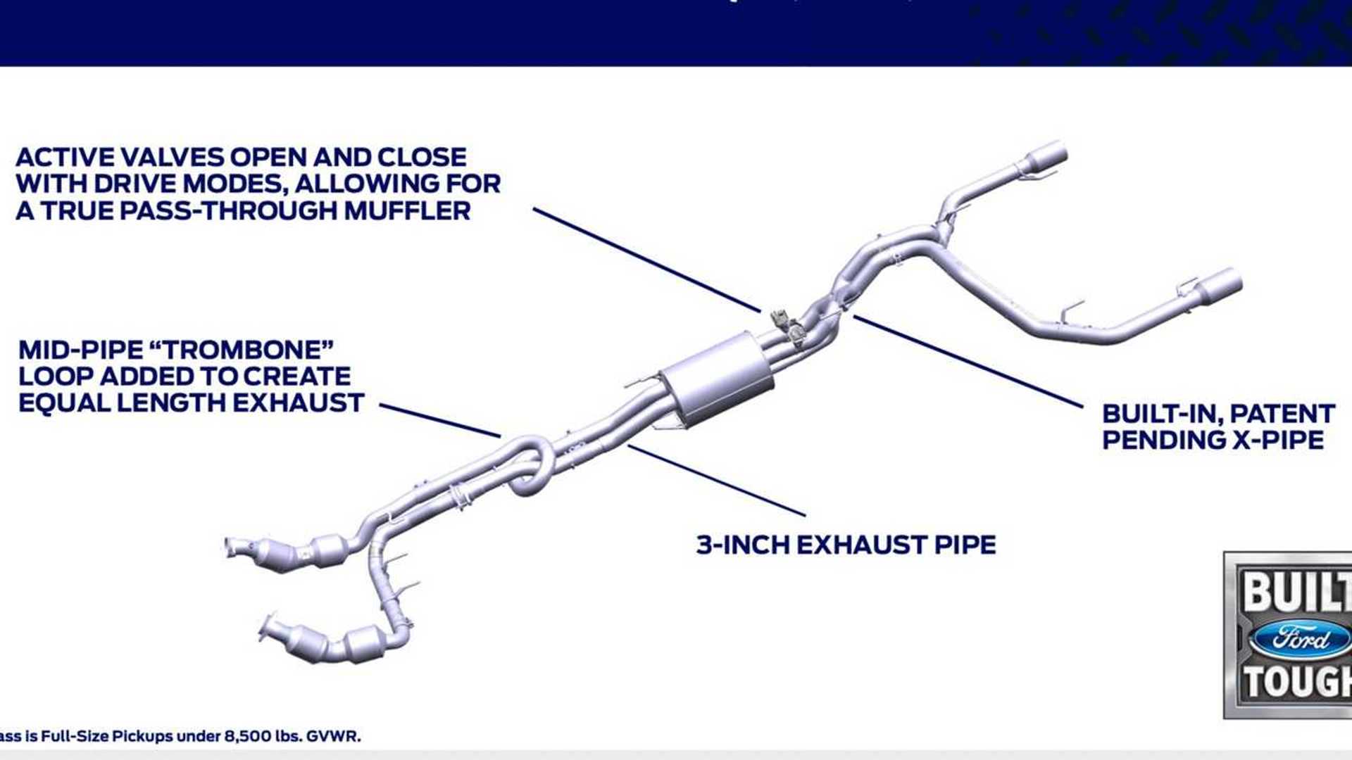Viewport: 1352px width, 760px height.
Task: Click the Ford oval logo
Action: (1299, 639)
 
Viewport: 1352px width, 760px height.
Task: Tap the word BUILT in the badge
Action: (1296, 591)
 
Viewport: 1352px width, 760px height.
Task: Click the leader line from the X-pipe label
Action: (968, 361)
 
